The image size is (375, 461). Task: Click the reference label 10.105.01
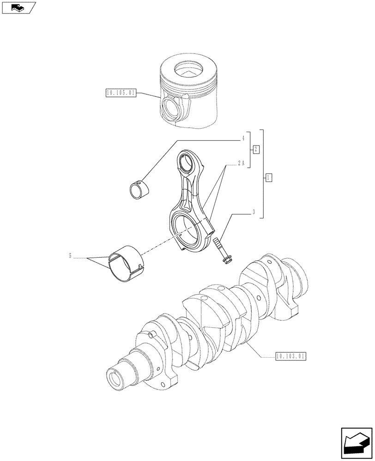pos(121,93)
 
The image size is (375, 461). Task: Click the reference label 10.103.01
pos(290,356)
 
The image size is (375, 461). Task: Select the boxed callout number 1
pos(269,177)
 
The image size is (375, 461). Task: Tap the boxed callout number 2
pos(256,149)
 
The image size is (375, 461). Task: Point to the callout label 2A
pos(241,163)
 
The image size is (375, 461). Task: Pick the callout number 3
pos(254,213)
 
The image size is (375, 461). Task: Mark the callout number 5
pos(70,255)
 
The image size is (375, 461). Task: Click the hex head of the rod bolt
pos(226,260)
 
